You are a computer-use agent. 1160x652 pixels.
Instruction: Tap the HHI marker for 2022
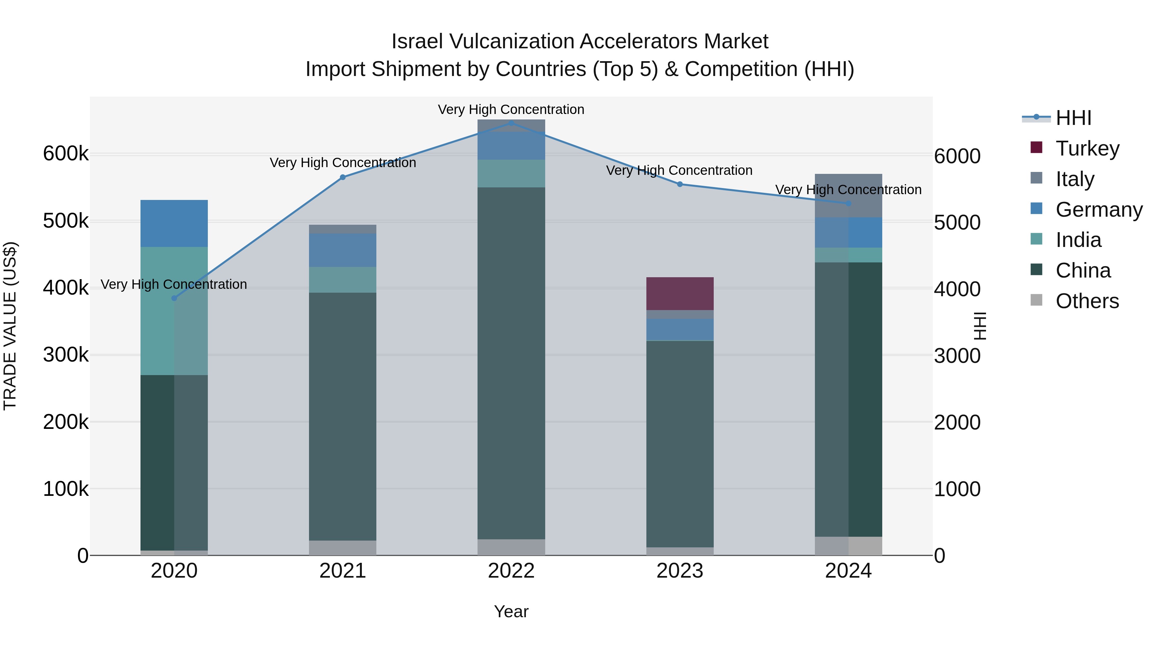coord(511,123)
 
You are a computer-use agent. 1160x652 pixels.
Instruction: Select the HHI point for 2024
coord(848,203)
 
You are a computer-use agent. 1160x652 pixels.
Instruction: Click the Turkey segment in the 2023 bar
coord(680,293)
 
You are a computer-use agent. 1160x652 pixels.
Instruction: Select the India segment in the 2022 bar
coord(511,173)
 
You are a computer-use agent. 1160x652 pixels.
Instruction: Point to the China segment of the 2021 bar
coord(343,416)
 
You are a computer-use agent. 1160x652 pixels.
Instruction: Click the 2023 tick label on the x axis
coord(680,571)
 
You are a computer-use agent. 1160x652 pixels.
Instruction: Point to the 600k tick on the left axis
coord(66,154)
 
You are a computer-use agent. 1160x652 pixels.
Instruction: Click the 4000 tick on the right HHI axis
coord(957,289)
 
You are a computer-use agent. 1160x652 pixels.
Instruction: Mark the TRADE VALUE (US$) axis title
coord(10,326)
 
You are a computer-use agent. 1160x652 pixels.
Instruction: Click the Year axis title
coord(511,611)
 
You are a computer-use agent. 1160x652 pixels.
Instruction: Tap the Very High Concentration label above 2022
coord(511,109)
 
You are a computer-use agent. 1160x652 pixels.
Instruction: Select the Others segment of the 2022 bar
coord(511,547)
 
